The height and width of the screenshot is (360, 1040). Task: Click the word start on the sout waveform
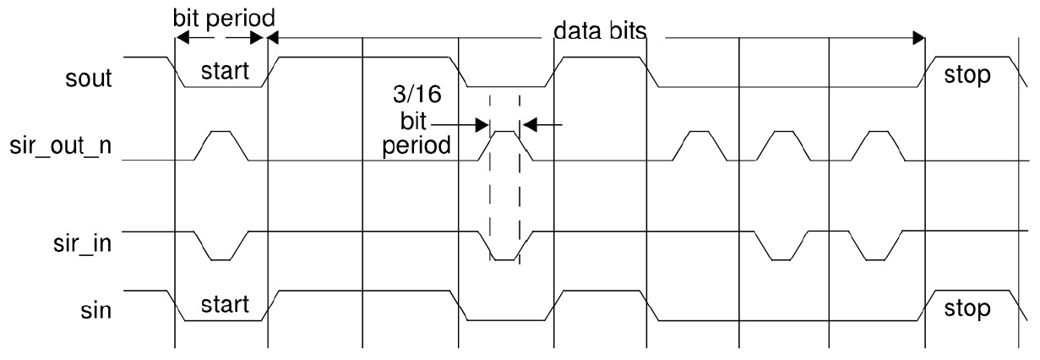(x=225, y=72)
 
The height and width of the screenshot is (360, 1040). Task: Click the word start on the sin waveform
(x=225, y=305)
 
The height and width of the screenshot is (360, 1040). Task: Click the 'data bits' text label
(x=600, y=32)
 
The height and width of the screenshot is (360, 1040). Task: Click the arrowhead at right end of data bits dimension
(x=918, y=37)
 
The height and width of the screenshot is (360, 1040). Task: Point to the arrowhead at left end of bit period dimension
(x=180, y=37)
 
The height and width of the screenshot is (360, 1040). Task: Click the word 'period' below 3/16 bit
(x=411, y=145)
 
